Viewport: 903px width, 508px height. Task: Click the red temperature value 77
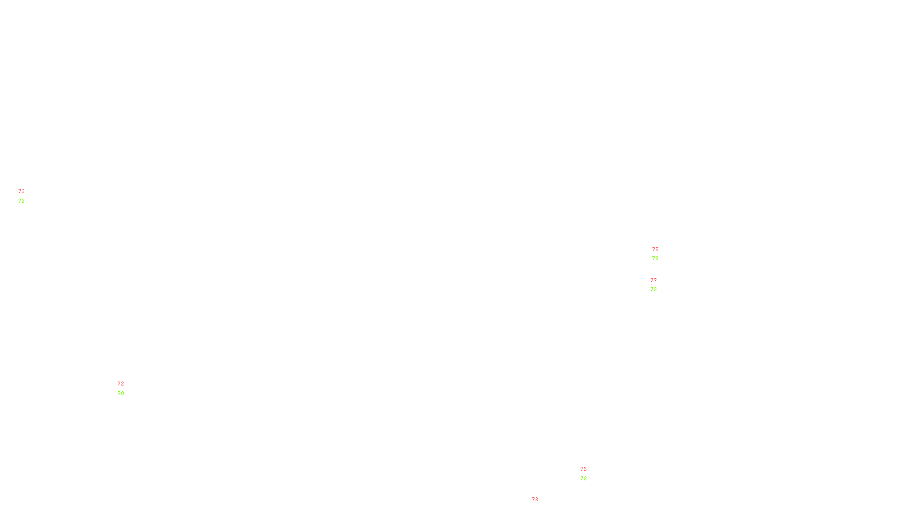[x=654, y=281]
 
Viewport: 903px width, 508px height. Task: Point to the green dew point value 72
[x=21, y=201]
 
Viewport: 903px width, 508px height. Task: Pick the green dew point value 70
[x=121, y=393]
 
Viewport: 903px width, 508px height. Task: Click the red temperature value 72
[x=121, y=384]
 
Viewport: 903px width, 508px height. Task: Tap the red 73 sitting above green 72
[x=21, y=191]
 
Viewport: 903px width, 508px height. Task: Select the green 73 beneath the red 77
[x=654, y=290]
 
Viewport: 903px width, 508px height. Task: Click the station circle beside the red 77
[x=659, y=286]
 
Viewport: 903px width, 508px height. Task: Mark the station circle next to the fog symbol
[x=126, y=388]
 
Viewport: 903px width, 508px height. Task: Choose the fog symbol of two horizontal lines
[x=121, y=388]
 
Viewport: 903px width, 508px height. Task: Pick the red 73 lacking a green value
[x=535, y=500]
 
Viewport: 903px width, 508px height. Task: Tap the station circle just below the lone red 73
[x=541, y=505]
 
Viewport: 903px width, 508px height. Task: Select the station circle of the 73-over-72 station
[x=27, y=196]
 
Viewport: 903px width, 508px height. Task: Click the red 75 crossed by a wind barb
[x=584, y=468]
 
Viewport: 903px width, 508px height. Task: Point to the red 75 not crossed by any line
[x=655, y=249]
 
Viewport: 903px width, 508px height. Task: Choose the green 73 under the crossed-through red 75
[x=584, y=479]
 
